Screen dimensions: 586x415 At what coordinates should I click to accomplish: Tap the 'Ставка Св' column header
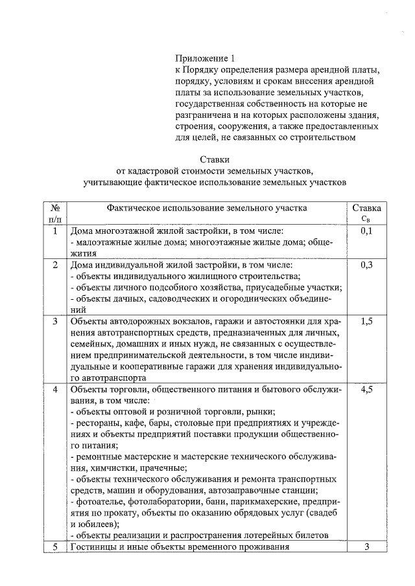[366, 213]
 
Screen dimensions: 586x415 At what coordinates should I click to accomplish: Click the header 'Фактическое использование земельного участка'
[207, 208]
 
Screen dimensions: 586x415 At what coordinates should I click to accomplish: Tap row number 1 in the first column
[55, 231]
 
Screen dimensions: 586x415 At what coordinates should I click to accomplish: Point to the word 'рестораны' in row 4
[96, 423]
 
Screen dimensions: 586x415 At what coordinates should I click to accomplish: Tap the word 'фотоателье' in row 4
[99, 502]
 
